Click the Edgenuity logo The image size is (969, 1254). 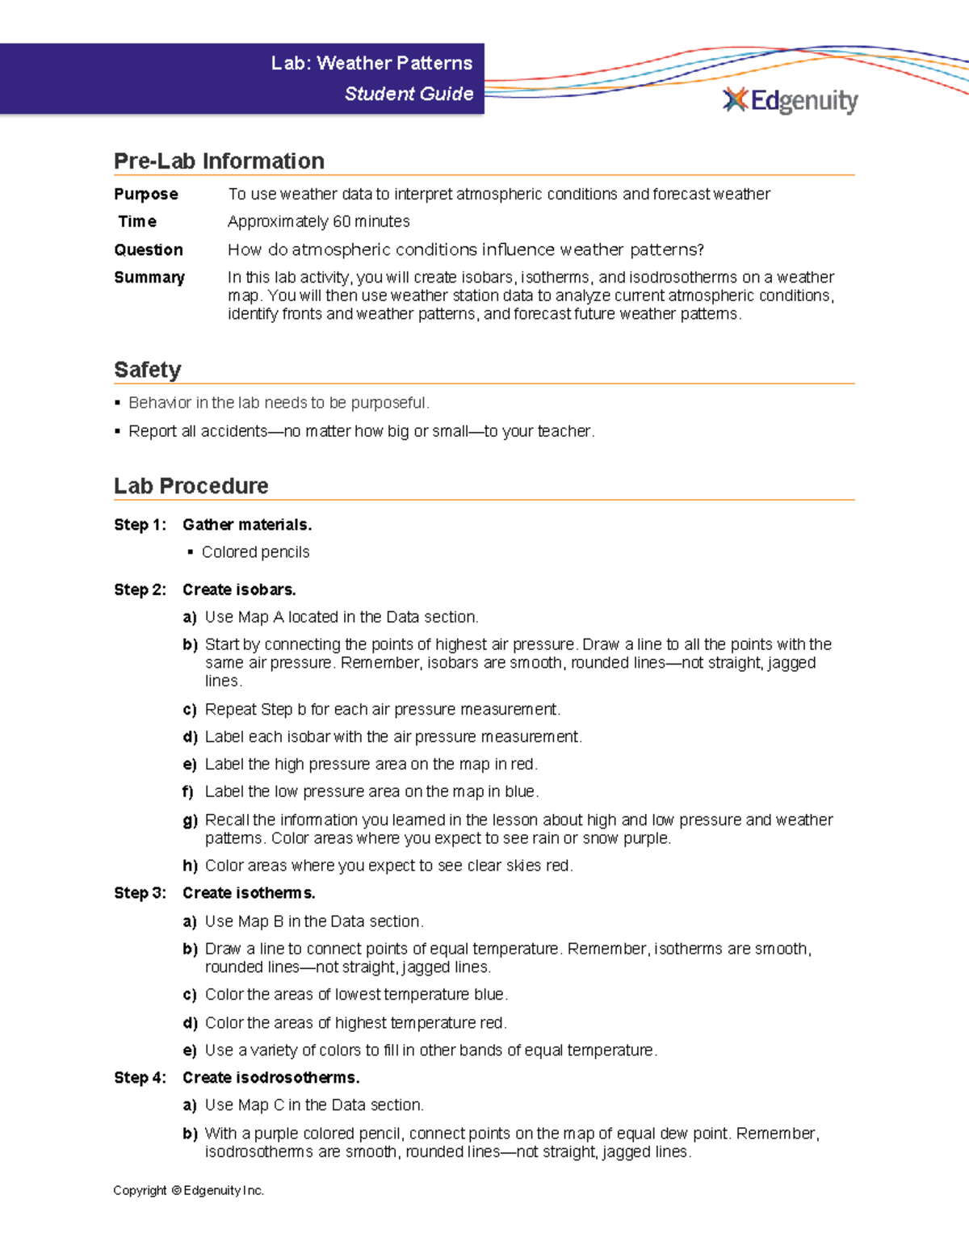coord(790,100)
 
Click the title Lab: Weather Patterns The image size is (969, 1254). coord(371,63)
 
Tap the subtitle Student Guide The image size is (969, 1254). coord(409,94)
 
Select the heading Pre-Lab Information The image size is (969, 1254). coord(219,161)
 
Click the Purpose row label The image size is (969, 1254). coord(146,194)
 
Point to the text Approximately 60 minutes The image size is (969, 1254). coord(318,221)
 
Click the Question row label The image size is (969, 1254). coord(149,250)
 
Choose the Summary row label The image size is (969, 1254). coord(149,277)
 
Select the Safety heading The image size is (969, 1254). coord(148,370)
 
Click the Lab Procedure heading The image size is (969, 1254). coord(191,486)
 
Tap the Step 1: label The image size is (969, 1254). coord(140,525)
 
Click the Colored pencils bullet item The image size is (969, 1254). coord(255,552)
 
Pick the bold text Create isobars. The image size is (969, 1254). coord(239,589)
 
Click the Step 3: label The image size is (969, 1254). coord(140,893)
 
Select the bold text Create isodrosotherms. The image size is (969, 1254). coord(271,1077)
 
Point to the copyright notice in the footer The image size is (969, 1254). coord(188,1190)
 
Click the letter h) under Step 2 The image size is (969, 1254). coord(190,866)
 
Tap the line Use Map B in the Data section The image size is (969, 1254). coord(314,921)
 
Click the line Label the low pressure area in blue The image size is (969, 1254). coord(371,791)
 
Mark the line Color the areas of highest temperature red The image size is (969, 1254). coord(355,1022)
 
